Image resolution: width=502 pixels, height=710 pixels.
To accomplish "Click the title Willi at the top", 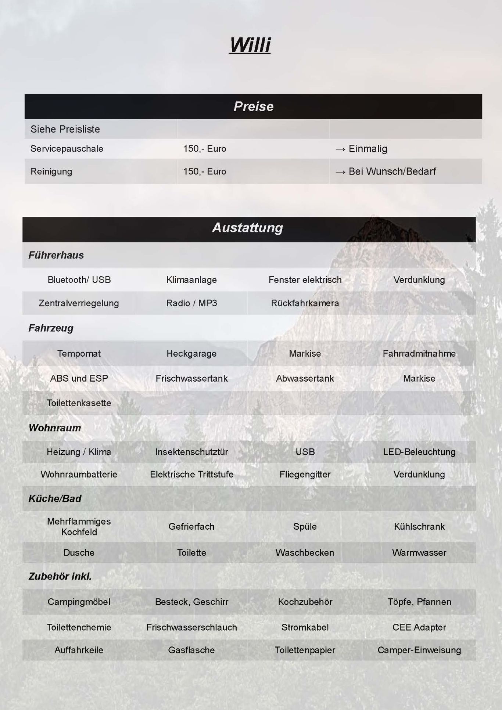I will point(250,45).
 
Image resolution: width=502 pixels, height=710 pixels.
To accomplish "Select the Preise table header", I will point(253,107).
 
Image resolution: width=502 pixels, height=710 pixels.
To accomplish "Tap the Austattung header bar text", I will point(248,228).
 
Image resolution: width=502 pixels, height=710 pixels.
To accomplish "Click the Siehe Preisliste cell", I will point(65,129).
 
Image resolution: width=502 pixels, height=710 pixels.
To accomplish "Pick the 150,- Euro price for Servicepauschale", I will point(205,149).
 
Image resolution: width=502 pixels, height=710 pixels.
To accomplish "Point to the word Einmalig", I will point(367,149).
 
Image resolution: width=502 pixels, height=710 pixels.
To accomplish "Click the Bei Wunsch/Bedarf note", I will point(392,172).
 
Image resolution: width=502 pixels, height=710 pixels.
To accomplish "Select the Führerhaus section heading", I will point(56,255).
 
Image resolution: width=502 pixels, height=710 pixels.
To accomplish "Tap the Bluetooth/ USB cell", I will point(79,280).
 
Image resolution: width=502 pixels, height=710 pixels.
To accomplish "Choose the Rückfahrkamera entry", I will point(305,303).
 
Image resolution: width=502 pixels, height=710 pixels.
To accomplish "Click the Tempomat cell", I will point(79,354).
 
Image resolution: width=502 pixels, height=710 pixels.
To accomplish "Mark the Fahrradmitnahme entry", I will point(419,354).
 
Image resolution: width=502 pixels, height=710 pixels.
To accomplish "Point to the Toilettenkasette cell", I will point(79,403).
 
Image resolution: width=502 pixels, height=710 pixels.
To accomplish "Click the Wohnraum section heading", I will point(55,428).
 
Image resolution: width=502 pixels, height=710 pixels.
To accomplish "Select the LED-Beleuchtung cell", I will point(419,452).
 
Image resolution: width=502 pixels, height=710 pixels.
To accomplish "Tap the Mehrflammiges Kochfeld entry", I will point(79,527).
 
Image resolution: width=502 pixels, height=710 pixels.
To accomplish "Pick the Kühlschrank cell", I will point(419,527).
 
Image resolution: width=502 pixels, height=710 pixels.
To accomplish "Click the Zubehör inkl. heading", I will point(60,576).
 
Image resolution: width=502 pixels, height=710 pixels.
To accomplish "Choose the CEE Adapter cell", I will point(419,627).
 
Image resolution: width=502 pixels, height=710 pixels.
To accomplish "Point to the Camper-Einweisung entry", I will point(419,650).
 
